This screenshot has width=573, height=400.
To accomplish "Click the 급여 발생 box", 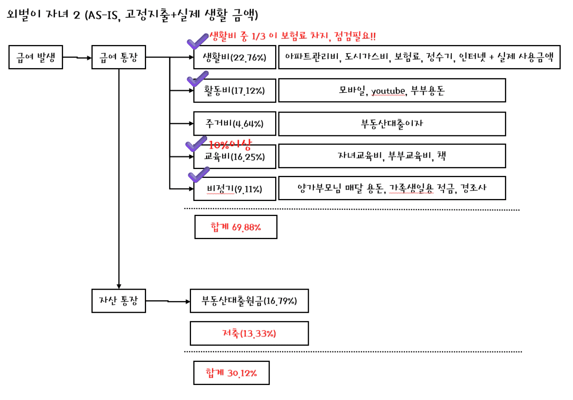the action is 36,57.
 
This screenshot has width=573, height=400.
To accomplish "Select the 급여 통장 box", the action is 119,57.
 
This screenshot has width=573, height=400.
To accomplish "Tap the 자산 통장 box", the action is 119,301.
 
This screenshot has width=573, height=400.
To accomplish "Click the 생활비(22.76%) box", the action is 235,57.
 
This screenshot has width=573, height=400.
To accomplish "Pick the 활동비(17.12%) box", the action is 235,90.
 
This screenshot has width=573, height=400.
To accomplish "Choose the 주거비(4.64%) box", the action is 235,124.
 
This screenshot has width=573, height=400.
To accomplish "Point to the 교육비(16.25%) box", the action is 235,156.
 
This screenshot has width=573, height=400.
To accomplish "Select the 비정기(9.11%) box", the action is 235,189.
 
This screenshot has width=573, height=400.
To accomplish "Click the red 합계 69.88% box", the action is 236,227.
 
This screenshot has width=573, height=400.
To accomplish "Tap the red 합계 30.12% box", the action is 231,373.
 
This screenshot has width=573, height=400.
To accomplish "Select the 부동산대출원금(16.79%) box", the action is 249,301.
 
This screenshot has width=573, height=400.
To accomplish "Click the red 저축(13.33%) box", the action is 249,334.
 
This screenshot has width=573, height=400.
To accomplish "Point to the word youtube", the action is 388,91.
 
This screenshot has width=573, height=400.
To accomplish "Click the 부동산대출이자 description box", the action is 392,124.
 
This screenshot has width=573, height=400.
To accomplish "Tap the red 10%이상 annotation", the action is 230,145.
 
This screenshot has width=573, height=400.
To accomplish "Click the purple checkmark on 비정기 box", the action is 199,175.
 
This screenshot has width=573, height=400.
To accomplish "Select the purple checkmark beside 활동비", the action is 197,79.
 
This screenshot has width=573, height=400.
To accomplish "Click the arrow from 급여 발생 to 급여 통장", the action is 77,58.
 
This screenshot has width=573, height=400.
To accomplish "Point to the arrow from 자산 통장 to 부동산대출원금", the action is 168,301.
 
